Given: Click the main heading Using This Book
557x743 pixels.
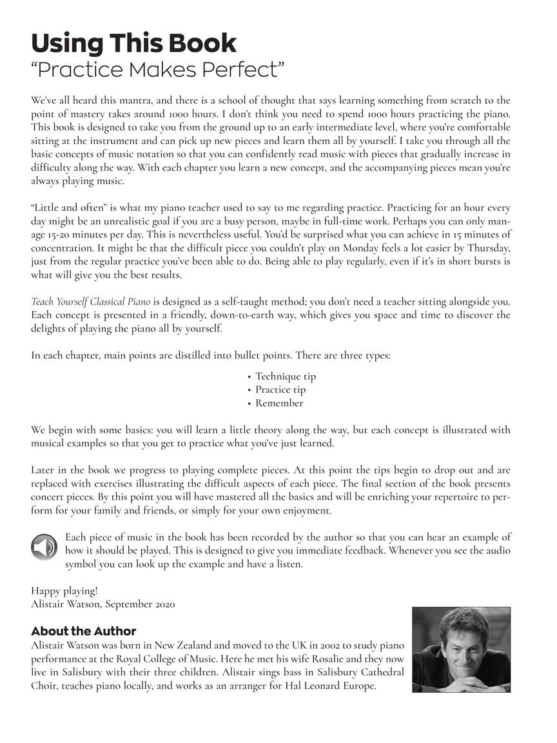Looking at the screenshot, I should coord(133,43).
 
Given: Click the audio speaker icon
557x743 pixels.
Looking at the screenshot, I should coord(44,548).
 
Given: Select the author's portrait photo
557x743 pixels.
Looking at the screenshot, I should coord(461,649).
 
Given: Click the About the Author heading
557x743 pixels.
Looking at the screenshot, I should coord(83,631).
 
